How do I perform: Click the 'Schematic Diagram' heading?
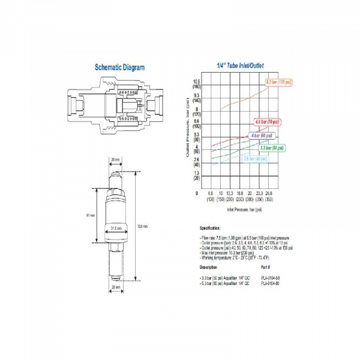click(119, 67)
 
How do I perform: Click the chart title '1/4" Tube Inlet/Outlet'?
click(240, 65)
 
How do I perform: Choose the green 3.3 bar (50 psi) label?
click(272, 147)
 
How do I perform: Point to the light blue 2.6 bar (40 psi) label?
click(254, 158)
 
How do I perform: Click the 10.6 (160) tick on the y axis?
click(196, 84)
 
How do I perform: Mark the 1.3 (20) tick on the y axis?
click(196, 176)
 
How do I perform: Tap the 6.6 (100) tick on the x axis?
click(211, 196)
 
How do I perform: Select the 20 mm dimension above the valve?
click(116, 159)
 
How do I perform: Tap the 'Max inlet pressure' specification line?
click(230, 253)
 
